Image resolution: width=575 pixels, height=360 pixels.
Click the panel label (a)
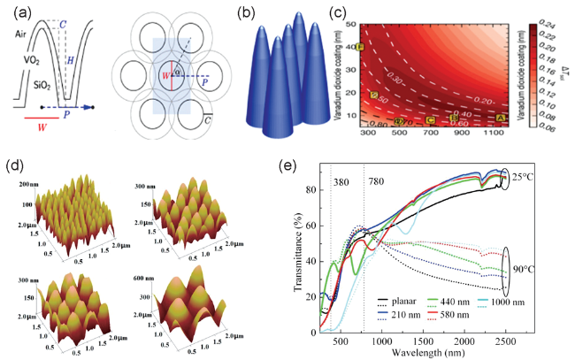(16, 11)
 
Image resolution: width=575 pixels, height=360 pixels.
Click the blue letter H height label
(73, 57)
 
